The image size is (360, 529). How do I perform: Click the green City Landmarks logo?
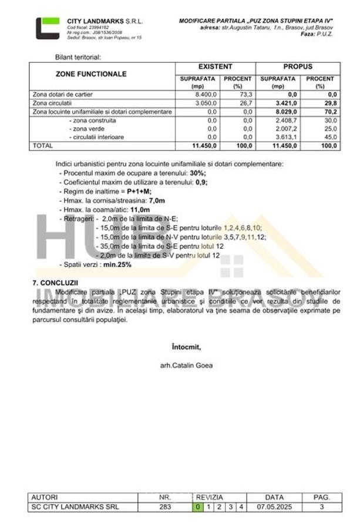pos(47,28)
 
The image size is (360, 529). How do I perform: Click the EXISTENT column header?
pos(215,67)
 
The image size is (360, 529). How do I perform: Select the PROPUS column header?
pos(298,67)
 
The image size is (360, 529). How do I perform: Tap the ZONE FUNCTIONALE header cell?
pos(91,75)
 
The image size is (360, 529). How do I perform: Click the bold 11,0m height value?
pos(140,209)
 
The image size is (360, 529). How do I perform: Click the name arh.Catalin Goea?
pos(186,365)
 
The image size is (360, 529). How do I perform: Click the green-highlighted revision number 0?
pos(198,507)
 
